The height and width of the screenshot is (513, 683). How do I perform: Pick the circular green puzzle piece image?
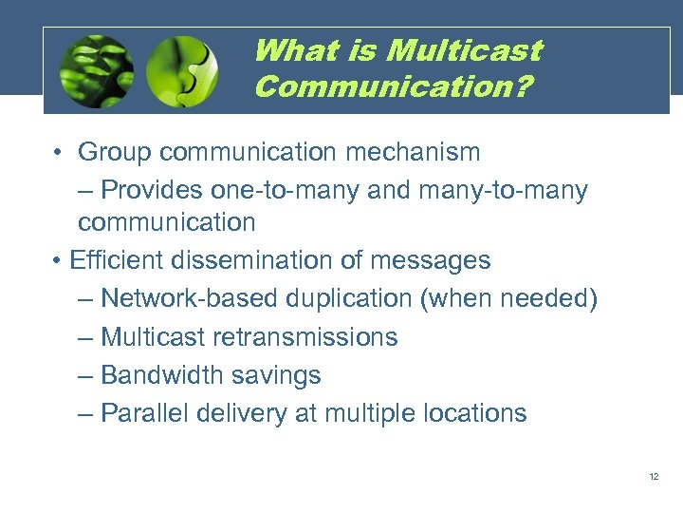tap(182, 71)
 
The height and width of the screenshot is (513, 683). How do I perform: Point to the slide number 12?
tap(654, 476)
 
